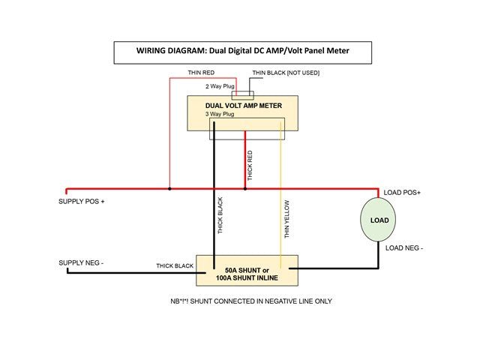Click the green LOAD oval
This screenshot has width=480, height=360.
(x=378, y=220)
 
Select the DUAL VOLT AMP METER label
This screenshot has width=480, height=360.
(x=243, y=106)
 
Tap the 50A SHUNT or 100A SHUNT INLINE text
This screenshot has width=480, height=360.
(x=247, y=274)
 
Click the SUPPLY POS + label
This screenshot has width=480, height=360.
(x=82, y=202)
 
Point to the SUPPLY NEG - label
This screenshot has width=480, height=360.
(x=81, y=263)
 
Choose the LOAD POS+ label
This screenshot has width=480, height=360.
(x=402, y=193)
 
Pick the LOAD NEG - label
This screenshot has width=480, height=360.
(x=404, y=248)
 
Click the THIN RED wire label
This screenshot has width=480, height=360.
(x=201, y=73)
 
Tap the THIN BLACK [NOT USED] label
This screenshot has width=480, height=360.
(x=286, y=73)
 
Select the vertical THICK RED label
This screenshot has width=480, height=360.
(x=250, y=165)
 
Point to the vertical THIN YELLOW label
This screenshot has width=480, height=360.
(x=286, y=219)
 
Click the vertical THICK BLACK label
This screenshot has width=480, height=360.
(x=220, y=215)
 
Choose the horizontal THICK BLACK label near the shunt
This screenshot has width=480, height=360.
(x=175, y=265)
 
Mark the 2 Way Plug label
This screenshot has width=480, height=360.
(x=220, y=86)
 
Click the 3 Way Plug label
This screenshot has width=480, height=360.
(x=220, y=114)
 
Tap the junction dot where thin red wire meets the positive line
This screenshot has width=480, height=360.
(x=169, y=189)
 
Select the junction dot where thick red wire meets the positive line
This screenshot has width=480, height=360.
(x=245, y=189)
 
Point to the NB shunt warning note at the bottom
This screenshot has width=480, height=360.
(x=251, y=301)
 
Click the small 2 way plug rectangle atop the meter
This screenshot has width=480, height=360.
(x=243, y=95)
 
